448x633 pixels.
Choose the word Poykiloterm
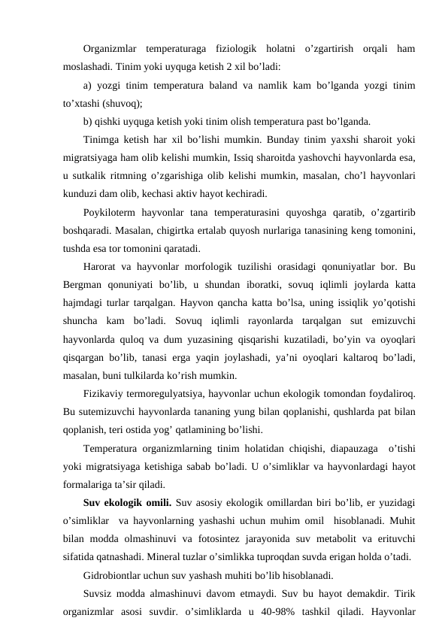tap(112, 210)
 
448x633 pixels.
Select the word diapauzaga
tap(362, 450)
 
